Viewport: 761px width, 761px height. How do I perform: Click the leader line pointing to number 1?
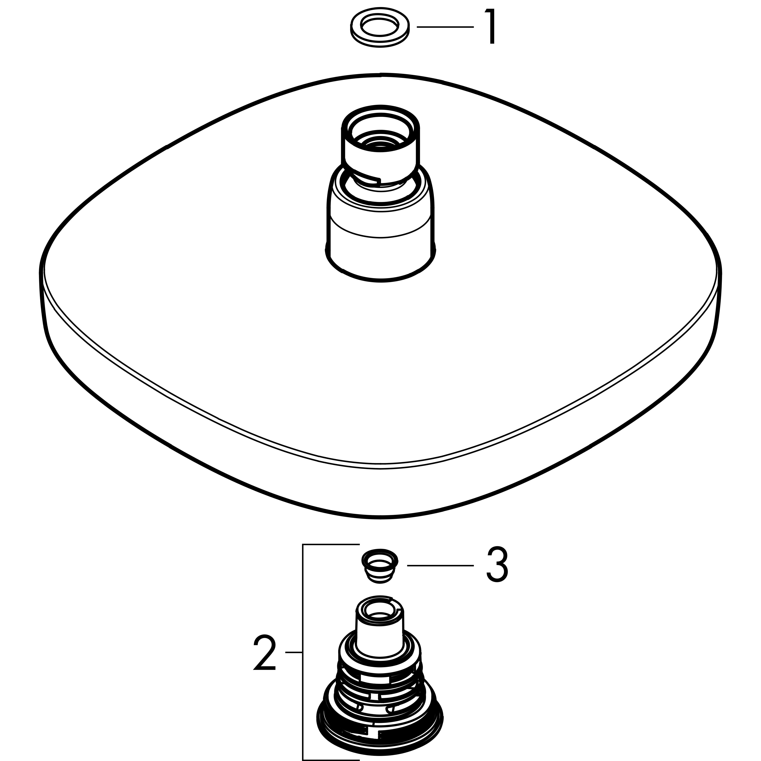click(445, 27)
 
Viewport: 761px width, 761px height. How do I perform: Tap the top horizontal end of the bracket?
click(331, 545)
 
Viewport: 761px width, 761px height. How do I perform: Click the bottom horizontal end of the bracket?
click(331, 760)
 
